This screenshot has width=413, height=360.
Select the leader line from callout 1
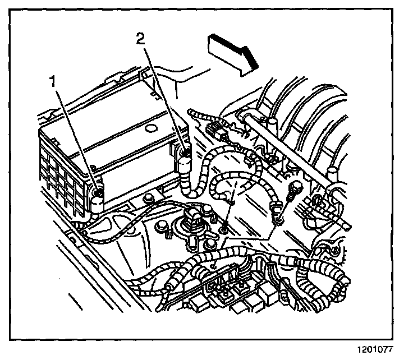[76, 138]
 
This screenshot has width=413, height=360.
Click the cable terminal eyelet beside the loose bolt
[276, 211]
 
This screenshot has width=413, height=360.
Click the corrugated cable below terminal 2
[187, 179]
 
